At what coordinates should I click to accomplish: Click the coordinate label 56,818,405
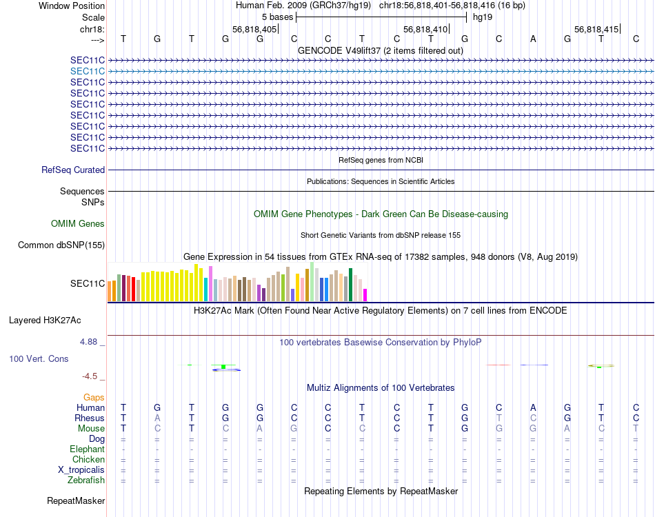pyautogui.click(x=254, y=30)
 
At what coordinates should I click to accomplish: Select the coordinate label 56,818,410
pyautogui.click(x=425, y=30)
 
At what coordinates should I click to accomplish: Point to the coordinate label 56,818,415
pyautogui.click(x=596, y=30)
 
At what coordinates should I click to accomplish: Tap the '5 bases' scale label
pyautogui.click(x=277, y=16)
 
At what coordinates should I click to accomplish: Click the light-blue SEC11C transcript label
pyautogui.click(x=88, y=71)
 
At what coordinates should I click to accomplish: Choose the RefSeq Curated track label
pyautogui.click(x=73, y=170)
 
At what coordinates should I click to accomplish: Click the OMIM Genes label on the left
pyautogui.click(x=78, y=223)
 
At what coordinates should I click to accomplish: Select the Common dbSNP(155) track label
pyautogui.click(x=61, y=245)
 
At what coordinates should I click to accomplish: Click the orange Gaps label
pyautogui.click(x=94, y=397)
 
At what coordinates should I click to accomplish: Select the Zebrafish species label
pyautogui.click(x=85, y=480)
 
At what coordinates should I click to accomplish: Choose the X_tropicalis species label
pyautogui.click(x=81, y=469)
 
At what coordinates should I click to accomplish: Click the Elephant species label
pyautogui.click(x=86, y=449)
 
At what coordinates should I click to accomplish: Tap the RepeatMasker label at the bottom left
pyautogui.click(x=76, y=500)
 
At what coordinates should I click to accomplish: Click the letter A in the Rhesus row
pyautogui.click(x=157, y=418)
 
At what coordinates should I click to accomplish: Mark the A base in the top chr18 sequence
pyautogui.click(x=533, y=39)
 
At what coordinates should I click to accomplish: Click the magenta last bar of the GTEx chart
pyautogui.click(x=365, y=294)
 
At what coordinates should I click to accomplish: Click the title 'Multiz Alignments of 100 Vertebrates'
pyautogui.click(x=381, y=387)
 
